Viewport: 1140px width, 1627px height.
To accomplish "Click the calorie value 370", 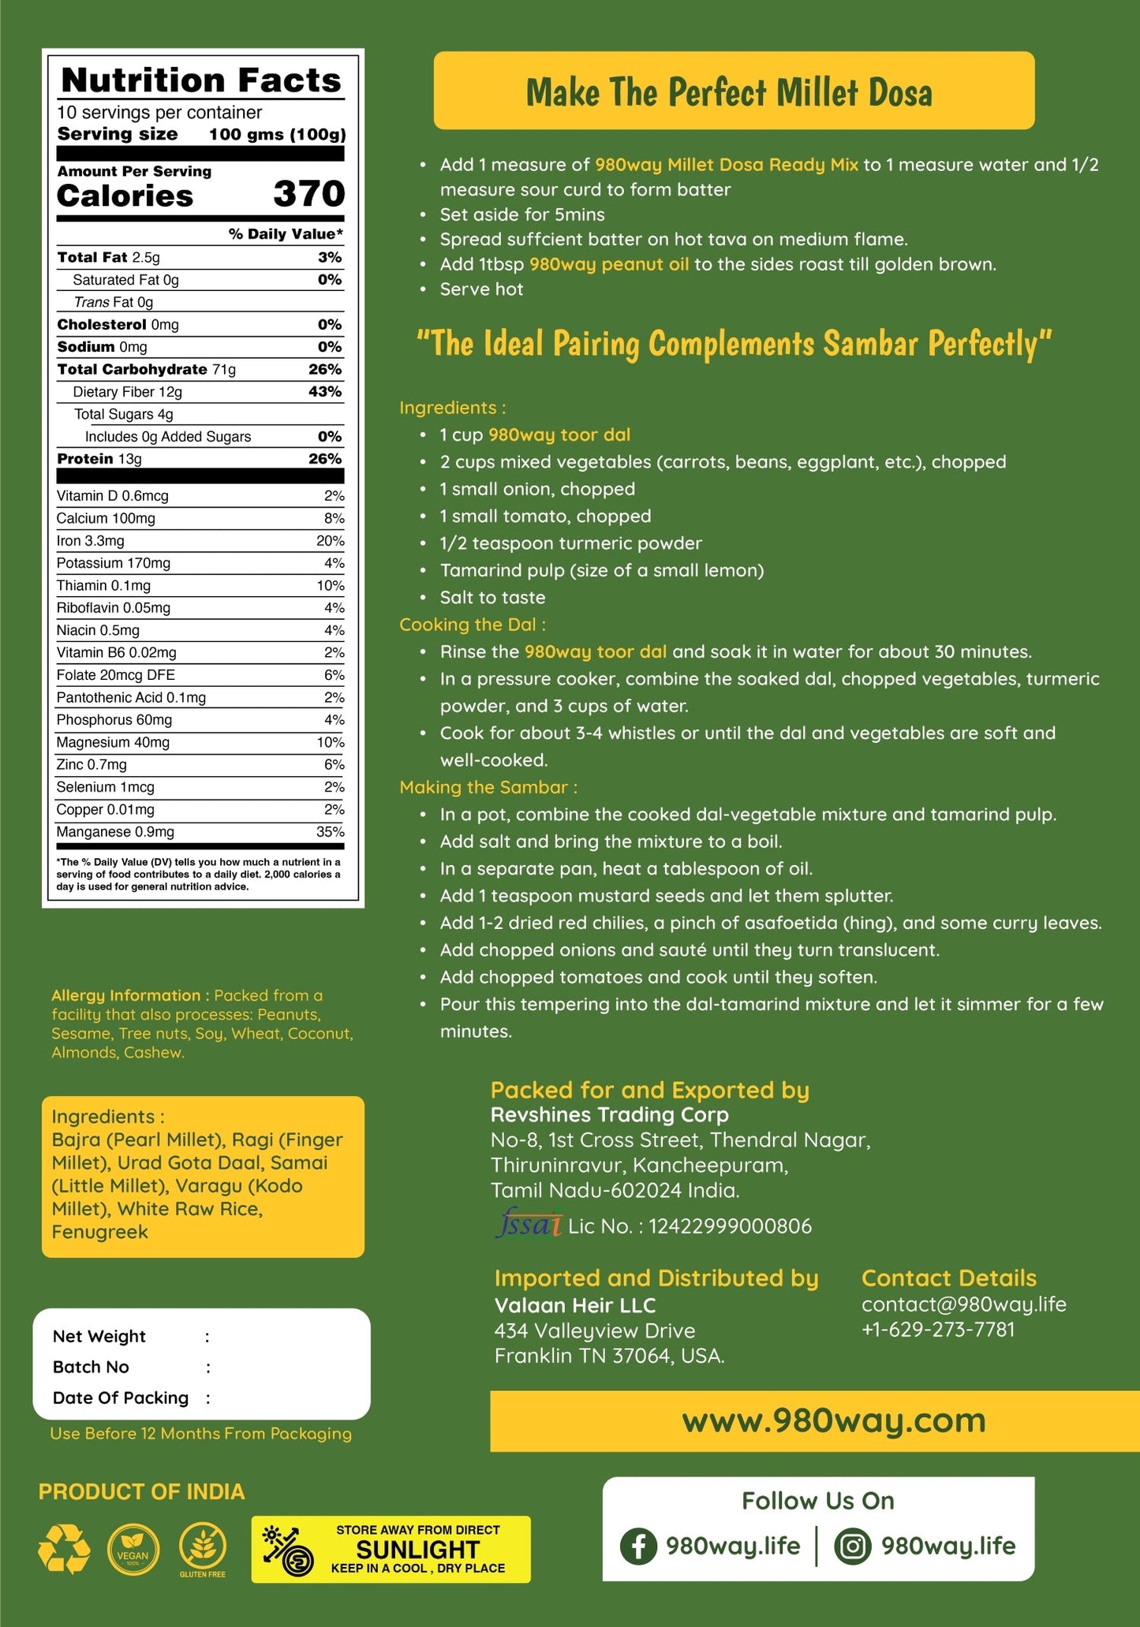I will point(308,194).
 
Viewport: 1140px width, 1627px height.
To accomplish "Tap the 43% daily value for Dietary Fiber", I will point(325,392).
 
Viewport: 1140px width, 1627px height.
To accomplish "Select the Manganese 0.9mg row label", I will point(115,832).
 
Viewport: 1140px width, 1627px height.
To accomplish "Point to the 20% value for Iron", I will point(330,541).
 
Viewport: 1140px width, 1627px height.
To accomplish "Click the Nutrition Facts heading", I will point(201,80).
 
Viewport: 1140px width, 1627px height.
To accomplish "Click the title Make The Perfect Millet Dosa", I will point(729,92).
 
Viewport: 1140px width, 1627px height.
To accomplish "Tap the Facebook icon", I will point(638,1546).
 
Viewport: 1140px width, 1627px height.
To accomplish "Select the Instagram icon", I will point(852,1546).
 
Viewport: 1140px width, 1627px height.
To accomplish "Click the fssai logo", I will point(528,1225).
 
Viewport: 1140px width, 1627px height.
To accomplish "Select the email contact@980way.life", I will point(963,1304).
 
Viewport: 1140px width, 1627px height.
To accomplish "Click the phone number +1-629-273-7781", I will point(938,1330).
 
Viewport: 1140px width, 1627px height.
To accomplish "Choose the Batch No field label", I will point(91,1367).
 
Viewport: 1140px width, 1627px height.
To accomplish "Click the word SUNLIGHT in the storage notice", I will point(418,1550).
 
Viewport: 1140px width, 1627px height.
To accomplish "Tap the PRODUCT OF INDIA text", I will point(142,1492).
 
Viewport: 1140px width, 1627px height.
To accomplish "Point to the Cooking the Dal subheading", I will point(472,625).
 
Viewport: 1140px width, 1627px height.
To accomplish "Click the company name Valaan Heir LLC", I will point(575,1305).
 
